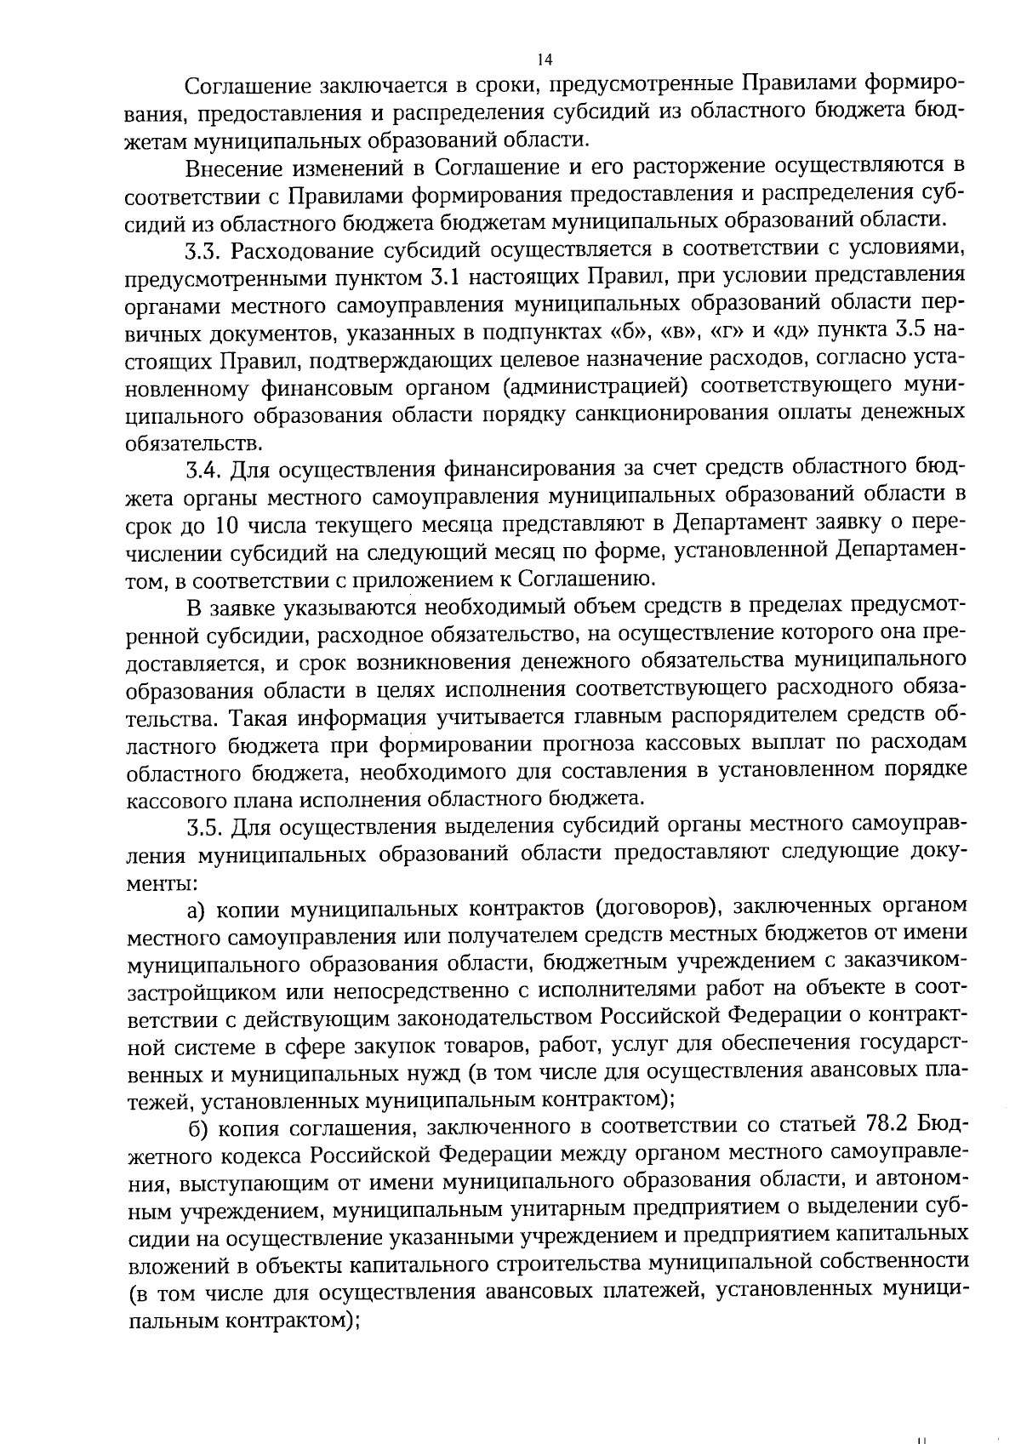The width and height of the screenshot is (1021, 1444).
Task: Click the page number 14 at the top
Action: pyautogui.click(x=545, y=59)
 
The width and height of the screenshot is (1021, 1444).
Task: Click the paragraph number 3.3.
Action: pyautogui.click(x=203, y=251)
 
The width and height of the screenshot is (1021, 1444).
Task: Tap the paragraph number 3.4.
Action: pyautogui.click(x=204, y=469)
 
